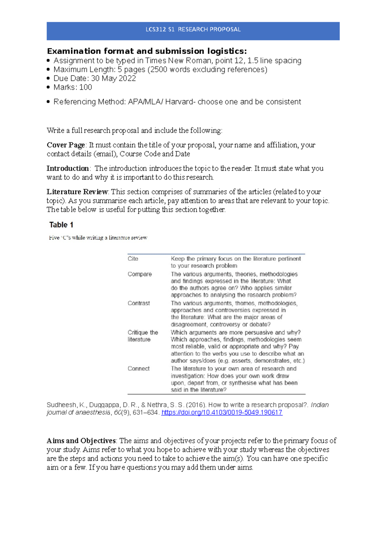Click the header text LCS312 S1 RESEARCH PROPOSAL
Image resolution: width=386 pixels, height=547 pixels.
tap(193, 29)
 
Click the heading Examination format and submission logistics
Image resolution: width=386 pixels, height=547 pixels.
tap(147, 51)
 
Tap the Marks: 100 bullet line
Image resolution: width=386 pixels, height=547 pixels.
tap(73, 87)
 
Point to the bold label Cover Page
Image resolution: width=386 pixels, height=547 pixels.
tap(66, 145)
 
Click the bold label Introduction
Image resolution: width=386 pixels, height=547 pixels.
tap(68, 168)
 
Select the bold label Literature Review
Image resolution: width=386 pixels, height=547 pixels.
tap(77, 192)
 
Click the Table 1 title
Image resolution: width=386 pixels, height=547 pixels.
tap(61, 225)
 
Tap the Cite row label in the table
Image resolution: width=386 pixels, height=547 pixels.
tap(133, 259)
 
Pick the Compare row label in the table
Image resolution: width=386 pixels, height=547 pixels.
tap(140, 274)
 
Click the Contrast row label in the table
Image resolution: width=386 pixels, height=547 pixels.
tap(139, 303)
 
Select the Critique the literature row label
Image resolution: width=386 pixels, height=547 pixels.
tap(142, 336)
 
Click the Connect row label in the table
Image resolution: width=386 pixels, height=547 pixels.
tap(139, 369)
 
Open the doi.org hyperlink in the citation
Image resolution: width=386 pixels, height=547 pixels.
tap(222, 413)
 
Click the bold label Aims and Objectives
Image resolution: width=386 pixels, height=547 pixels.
tap(81, 441)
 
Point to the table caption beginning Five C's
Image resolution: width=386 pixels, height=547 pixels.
tap(98, 238)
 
